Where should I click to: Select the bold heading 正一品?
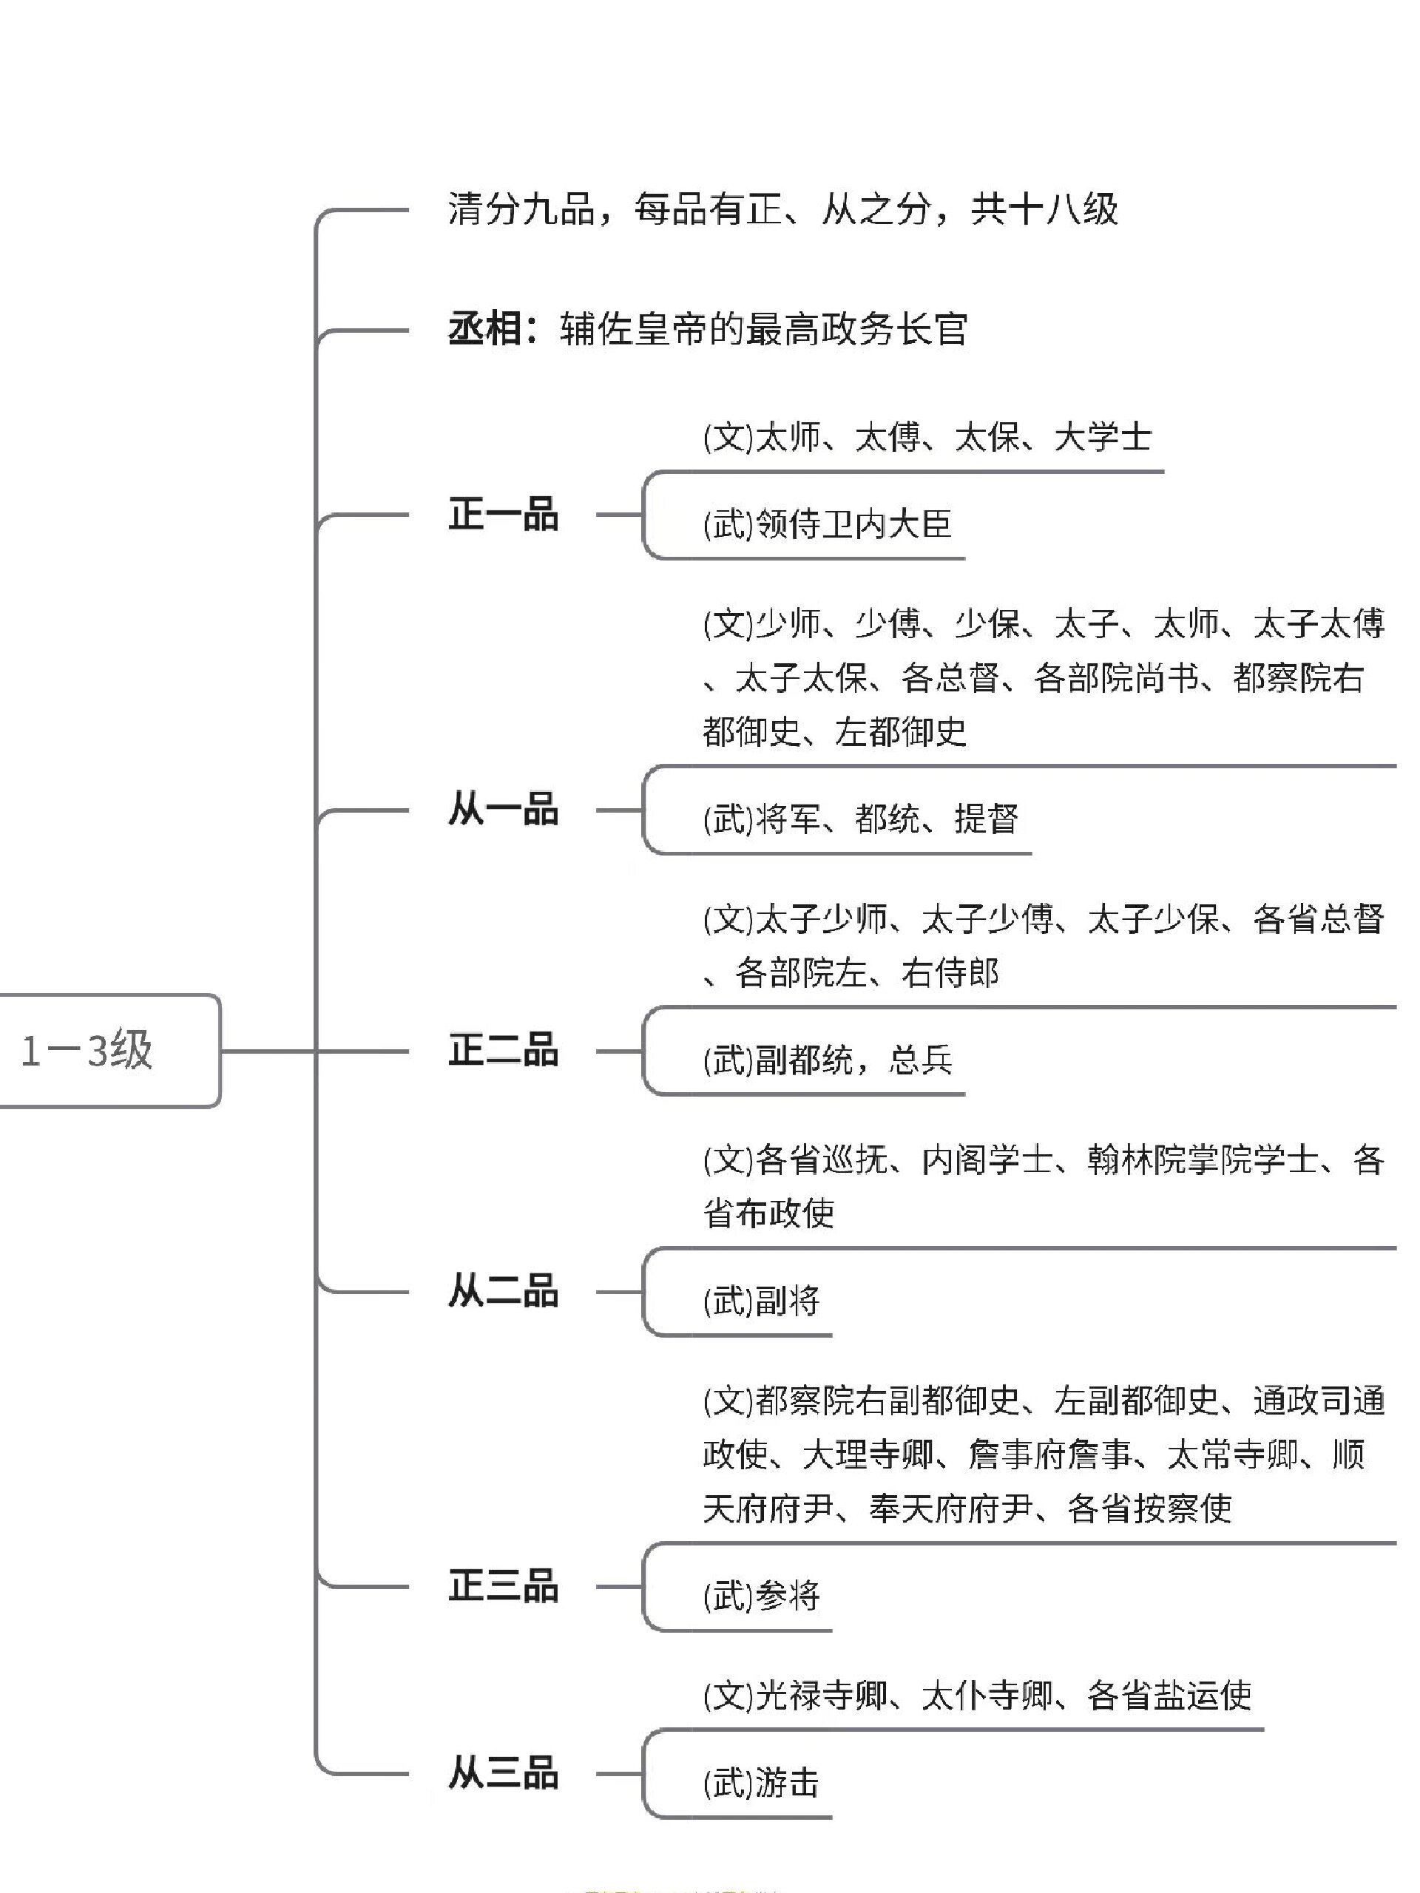pyautogui.click(x=504, y=515)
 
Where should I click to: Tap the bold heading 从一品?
pyautogui.click(x=504, y=810)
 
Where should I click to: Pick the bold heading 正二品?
pyautogui.click(x=504, y=1050)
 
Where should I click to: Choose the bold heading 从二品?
pyautogui.click(x=504, y=1291)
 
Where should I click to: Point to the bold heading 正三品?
pyautogui.click(x=504, y=1586)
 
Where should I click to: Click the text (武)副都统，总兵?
pyautogui.click(x=827, y=1060)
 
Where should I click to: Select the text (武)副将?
pyautogui.click(x=761, y=1301)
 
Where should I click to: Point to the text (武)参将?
pyautogui.click(x=761, y=1595)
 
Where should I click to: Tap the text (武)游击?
pyautogui.click(x=761, y=1783)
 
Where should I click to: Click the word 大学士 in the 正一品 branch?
pyautogui.click(x=1103, y=437)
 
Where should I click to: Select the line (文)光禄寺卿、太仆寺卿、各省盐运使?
pyautogui.click(x=977, y=1695)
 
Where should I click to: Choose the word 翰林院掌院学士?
pyautogui.click(x=1203, y=1159)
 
